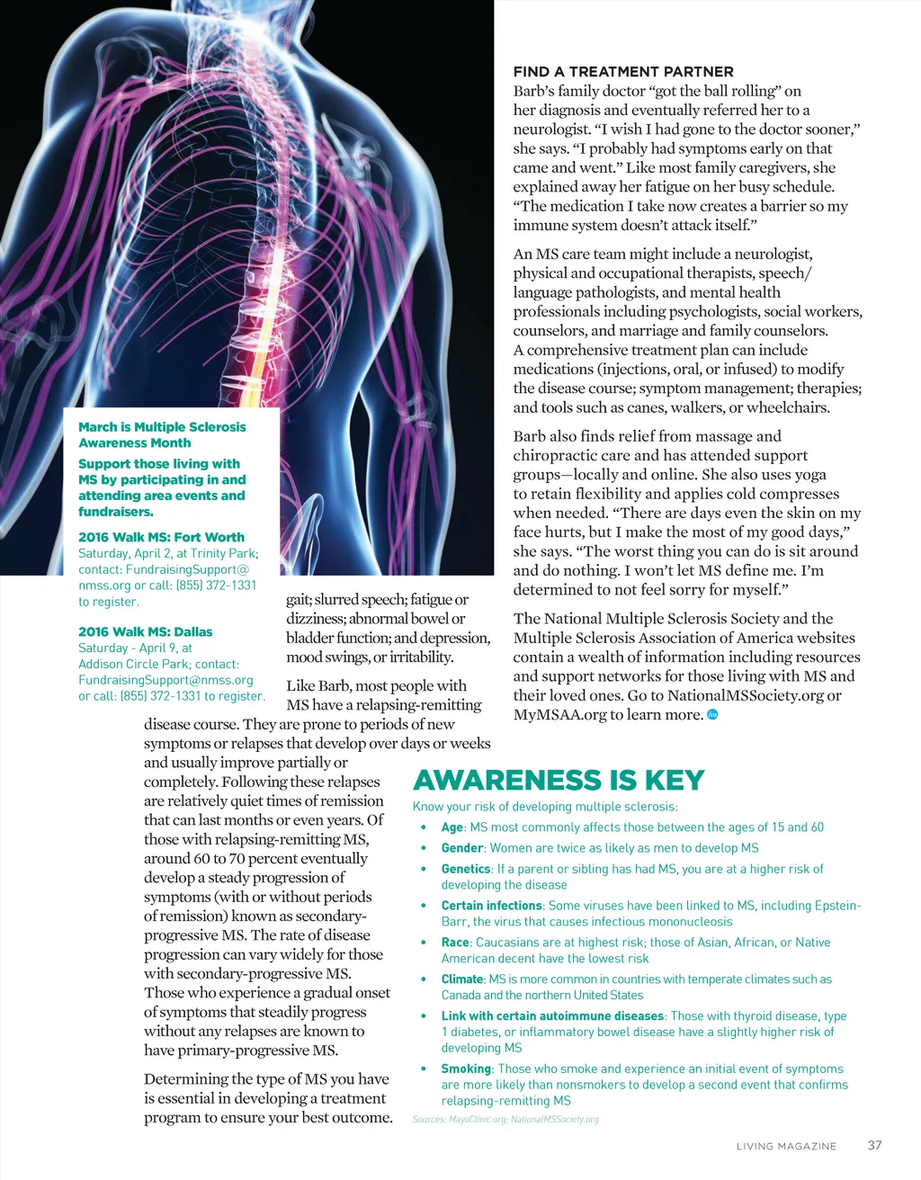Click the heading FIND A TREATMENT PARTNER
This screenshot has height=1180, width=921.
pyautogui.click(x=622, y=72)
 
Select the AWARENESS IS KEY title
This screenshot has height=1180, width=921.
pyautogui.click(x=558, y=780)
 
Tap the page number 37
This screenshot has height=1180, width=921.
pyautogui.click(x=874, y=1145)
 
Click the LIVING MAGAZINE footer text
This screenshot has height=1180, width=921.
pyautogui.click(x=786, y=1146)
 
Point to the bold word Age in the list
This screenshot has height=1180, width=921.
pyautogui.click(x=452, y=827)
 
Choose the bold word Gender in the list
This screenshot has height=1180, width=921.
pyautogui.click(x=462, y=848)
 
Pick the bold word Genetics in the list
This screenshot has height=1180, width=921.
pyautogui.click(x=466, y=869)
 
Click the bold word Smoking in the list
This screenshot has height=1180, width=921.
pyautogui.click(x=466, y=1068)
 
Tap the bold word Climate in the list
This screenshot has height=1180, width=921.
pyautogui.click(x=462, y=979)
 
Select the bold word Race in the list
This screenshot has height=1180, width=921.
pyautogui.click(x=455, y=943)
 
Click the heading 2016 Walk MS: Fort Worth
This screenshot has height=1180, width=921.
pyautogui.click(x=161, y=537)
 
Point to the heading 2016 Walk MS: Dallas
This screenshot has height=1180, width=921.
pyautogui.click(x=145, y=632)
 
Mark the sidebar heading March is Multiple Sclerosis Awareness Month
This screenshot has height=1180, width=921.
pyautogui.click(x=162, y=434)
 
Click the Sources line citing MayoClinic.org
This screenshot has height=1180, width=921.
pyautogui.click(x=505, y=1120)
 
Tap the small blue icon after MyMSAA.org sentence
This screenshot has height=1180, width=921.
pyautogui.click(x=712, y=714)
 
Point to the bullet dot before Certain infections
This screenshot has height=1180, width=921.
pyautogui.click(x=423, y=907)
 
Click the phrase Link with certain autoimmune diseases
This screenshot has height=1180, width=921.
pyautogui.click(x=552, y=1016)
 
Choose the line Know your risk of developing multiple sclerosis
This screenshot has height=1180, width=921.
pyautogui.click(x=545, y=807)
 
